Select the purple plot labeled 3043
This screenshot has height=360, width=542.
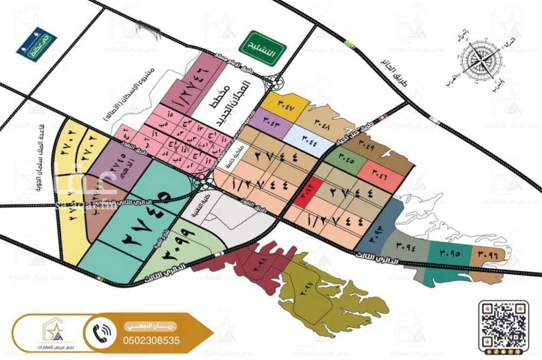[272, 120]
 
